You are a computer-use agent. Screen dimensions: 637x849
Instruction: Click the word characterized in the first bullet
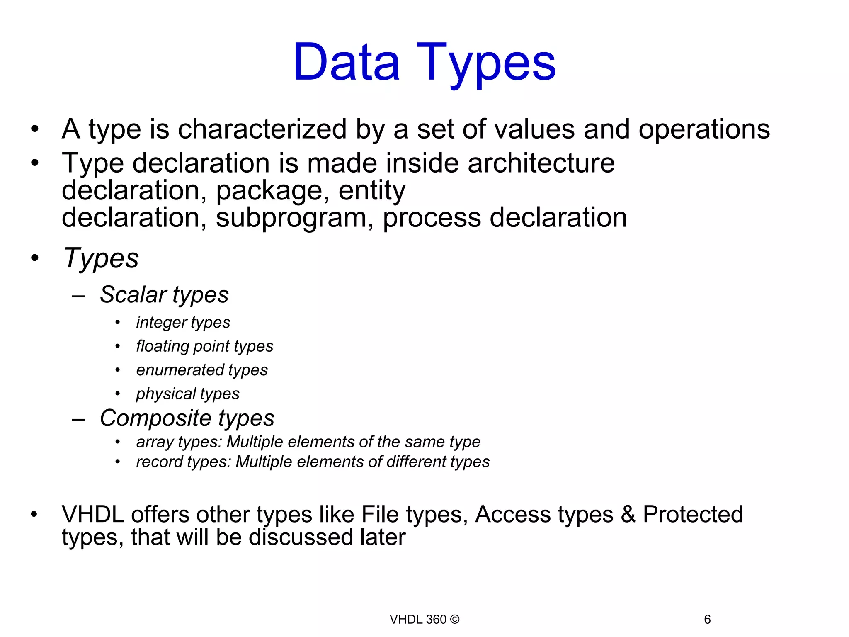click(262, 129)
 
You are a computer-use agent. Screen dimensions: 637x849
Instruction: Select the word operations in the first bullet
click(704, 129)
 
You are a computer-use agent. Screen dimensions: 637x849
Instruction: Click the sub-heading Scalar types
click(164, 295)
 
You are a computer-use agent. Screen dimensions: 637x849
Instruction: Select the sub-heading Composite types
click(187, 418)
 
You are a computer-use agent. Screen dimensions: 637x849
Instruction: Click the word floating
click(163, 346)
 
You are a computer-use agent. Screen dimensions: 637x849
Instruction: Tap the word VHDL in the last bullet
click(92, 515)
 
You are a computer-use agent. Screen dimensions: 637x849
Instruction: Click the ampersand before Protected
click(628, 515)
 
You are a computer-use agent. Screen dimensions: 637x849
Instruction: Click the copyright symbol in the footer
click(455, 620)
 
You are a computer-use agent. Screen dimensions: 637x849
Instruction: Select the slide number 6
click(707, 620)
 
